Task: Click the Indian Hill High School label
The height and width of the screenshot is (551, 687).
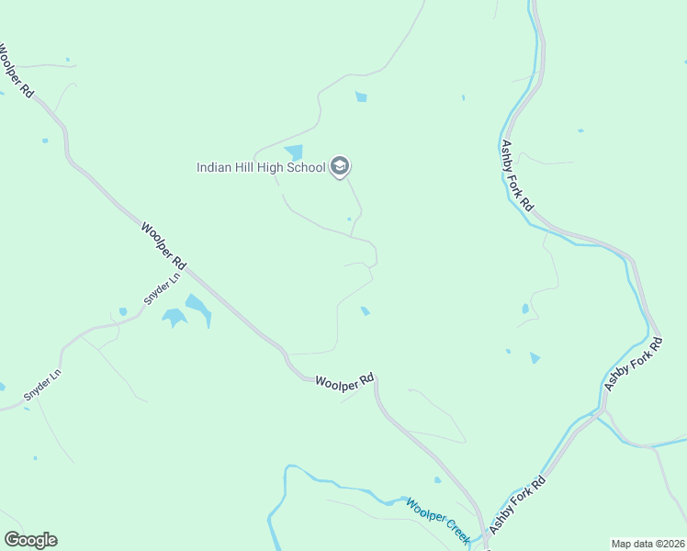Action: pyautogui.click(x=261, y=167)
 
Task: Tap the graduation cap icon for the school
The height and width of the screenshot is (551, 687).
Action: pyautogui.click(x=340, y=166)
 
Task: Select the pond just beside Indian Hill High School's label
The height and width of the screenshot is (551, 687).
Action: pyautogui.click(x=294, y=152)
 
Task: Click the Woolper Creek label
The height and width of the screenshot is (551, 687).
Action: pyautogui.click(x=438, y=521)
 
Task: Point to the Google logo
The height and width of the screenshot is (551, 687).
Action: pyautogui.click(x=30, y=539)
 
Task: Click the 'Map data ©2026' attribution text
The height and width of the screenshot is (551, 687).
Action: pyautogui.click(x=648, y=544)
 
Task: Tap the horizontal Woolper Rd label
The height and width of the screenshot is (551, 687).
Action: pyautogui.click(x=344, y=383)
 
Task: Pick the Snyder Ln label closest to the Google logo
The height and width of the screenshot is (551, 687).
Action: pyautogui.click(x=41, y=387)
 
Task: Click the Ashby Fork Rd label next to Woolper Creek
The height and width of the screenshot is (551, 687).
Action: pyautogui.click(x=516, y=504)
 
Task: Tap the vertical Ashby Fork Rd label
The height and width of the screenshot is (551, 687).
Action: pyautogui.click(x=516, y=176)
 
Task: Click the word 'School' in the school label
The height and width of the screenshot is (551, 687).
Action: pyautogui.click(x=307, y=167)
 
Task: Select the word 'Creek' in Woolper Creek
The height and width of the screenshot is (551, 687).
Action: pyautogui.click(x=451, y=530)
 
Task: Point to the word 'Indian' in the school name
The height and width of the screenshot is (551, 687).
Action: pyautogui.click(x=213, y=167)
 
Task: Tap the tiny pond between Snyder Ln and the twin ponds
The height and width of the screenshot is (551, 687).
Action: pyautogui.click(x=123, y=311)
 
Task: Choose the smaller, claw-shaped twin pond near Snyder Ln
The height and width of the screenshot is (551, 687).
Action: pyautogui.click(x=174, y=318)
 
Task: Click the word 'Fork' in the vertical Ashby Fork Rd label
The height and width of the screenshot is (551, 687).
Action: pyautogui.click(x=517, y=178)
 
